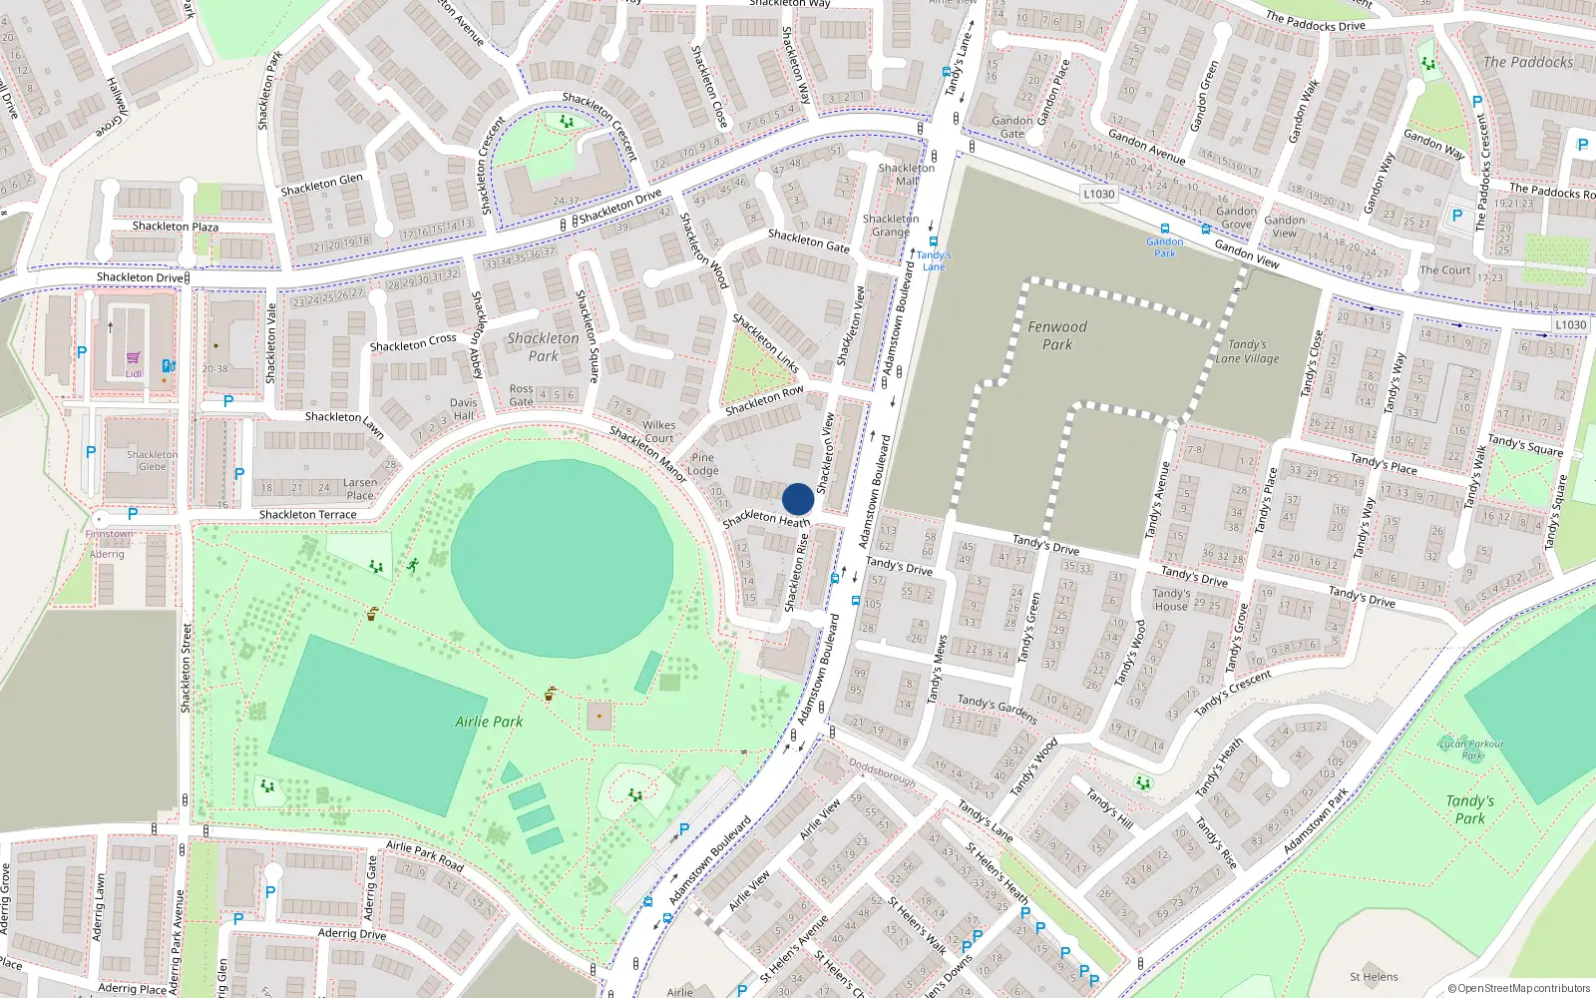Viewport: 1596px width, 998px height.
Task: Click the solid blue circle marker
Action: click(x=798, y=499)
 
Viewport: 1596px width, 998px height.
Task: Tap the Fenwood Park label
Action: click(x=1057, y=335)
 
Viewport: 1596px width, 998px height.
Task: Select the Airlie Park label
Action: click(x=489, y=722)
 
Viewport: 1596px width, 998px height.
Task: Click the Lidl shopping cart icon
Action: click(x=133, y=358)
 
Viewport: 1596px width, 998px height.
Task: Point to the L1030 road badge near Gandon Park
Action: click(x=1099, y=194)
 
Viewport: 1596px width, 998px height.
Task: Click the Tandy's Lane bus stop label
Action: click(x=934, y=260)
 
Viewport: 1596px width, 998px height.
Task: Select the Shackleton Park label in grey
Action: click(x=543, y=347)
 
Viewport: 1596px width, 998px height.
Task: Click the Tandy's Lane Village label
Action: click(x=1247, y=351)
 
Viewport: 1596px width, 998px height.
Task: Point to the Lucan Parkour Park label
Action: click(x=1472, y=748)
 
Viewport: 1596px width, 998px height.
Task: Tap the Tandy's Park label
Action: click(x=1470, y=809)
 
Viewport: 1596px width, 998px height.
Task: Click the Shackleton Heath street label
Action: click(x=766, y=519)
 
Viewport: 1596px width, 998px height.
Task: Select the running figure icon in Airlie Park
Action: click(x=412, y=565)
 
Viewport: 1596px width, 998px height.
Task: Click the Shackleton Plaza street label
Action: click(x=176, y=227)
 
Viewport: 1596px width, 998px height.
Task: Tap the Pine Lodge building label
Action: click(x=703, y=464)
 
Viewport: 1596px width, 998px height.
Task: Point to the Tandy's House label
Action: click(x=1171, y=599)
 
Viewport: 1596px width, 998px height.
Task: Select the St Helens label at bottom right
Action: click(x=1374, y=977)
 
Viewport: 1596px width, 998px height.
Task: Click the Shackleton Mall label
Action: click(x=907, y=175)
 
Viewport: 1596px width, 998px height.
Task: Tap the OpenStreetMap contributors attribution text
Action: click(x=1519, y=988)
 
